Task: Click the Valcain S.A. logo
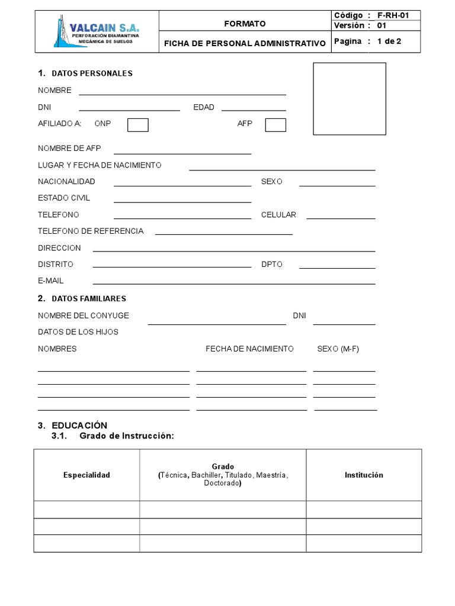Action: (x=97, y=31)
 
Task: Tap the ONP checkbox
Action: (x=138, y=125)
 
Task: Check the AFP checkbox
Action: (x=275, y=125)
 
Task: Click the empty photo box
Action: (x=350, y=99)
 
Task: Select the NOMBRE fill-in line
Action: (x=182, y=94)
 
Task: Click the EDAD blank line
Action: (x=254, y=109)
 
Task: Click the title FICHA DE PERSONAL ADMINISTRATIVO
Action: (x=245, y=43)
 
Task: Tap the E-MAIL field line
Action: (x=233, y=283)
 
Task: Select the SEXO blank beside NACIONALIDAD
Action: (x=337, y=185)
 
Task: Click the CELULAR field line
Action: (x=341, y=218)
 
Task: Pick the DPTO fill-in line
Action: (x=337, y=267)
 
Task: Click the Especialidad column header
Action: (x=87, y=475)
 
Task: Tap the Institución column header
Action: (x=364, y=475)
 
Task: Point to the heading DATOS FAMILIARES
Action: (x=89, y=299)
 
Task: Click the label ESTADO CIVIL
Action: (x=64, y=198)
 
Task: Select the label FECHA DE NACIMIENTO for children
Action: (x=249, y=349)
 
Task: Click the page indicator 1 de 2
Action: (x=389, y=41)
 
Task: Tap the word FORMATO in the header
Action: (x=245, y=24)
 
